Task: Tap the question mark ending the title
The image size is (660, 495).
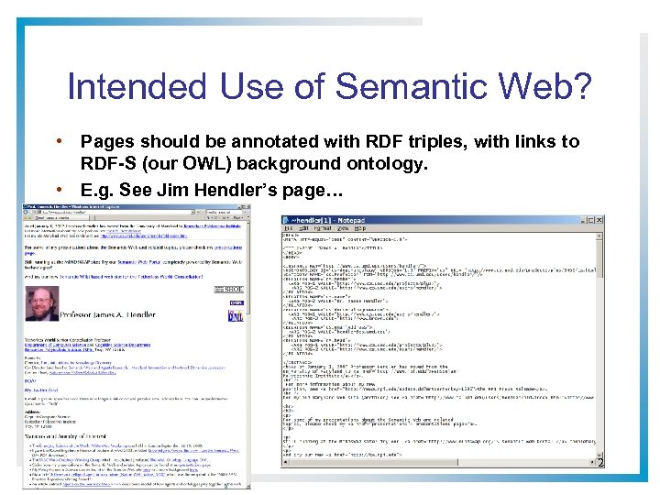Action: (x=580, y=87)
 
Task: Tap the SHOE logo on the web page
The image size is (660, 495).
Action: (x=235, y=291)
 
